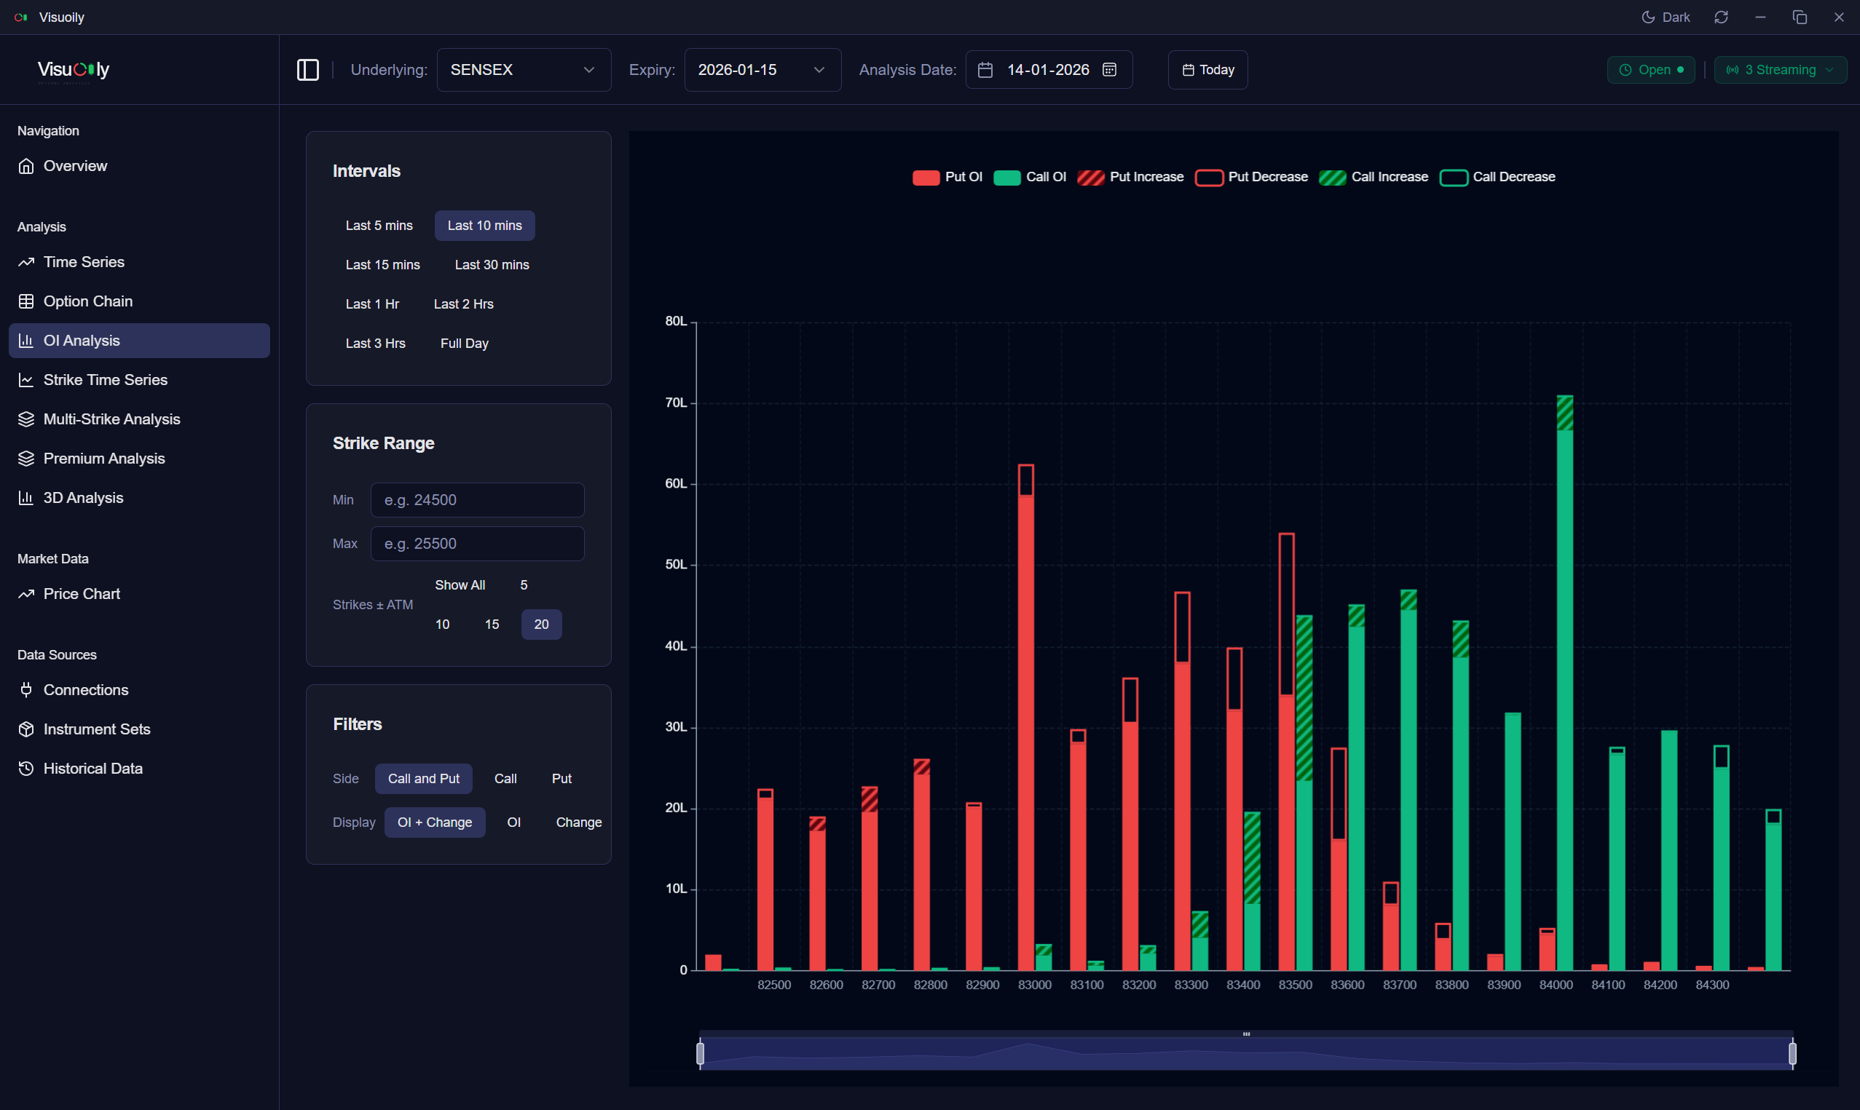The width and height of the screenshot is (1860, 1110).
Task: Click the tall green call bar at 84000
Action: click(x=1564, y=696)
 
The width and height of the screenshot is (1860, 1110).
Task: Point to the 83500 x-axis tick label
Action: click(x=1295, y=985)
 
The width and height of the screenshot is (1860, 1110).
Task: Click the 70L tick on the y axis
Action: click(x=676, y=403)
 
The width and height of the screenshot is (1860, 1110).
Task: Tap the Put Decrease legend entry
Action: click(x=1252, y=178)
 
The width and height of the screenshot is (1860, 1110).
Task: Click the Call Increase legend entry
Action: click(x=1374, y=178)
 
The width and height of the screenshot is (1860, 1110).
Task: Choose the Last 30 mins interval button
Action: click(x=492, y=265)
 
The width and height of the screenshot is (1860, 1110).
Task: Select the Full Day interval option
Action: click(x=464, y=344)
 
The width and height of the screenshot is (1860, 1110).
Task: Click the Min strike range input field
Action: click(x=477, y=499)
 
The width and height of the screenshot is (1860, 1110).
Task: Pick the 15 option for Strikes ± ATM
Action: click(x=492, y=625)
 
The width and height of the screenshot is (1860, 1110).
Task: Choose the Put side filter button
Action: click(x=561, y=779)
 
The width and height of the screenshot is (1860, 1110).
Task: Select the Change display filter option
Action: click(x=578, y=822)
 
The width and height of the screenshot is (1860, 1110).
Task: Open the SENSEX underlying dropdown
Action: click(x=524, y=70)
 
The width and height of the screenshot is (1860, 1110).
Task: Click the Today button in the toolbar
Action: click(x=1207, y=70)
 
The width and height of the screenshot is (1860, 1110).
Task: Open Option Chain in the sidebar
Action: click(x=87, y=301)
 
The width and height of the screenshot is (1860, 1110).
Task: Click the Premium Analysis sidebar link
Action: click(x=104, y=459)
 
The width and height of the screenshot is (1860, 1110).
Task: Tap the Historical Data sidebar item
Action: click(x=92, y=768)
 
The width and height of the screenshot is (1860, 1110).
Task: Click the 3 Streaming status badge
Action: click(x=1779, y=70)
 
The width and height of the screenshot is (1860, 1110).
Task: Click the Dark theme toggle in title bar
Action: click(x=1666, y=17)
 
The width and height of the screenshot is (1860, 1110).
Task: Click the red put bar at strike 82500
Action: click(x=765, y=883)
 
